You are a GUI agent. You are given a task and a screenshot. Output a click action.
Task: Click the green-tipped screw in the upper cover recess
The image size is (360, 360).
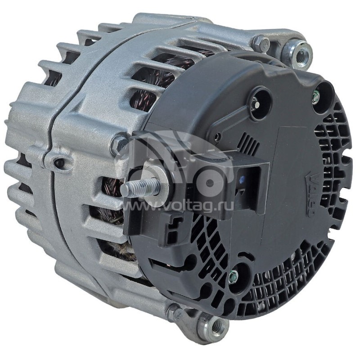click(x=315, y=95)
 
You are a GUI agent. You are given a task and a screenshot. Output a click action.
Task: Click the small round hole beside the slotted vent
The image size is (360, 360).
click(x=218, y=136)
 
